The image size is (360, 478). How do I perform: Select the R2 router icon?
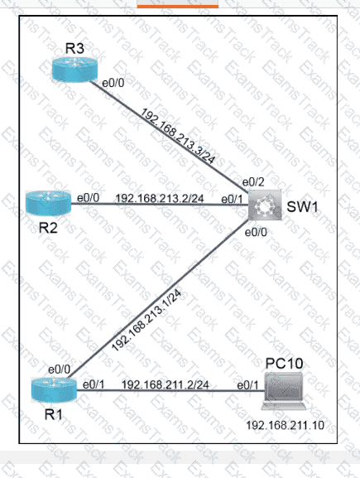tap(49, 203)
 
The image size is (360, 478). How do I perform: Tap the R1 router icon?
tap(55, 389)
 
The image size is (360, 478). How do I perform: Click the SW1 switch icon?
tap(265, 205)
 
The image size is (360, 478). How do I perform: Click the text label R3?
tap(74, 49)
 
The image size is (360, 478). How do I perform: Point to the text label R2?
tap(49, 228)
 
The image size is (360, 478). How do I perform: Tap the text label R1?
tap(54, 414)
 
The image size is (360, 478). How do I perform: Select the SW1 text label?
tap(302, 207)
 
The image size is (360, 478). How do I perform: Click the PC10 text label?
tap(284, 363)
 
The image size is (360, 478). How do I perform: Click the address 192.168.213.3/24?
tap(178, 136)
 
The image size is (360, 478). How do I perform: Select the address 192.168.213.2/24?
tap(159, 199)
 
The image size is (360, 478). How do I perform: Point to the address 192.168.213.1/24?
tap(146, 321)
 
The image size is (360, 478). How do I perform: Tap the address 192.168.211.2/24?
tap(165, 384)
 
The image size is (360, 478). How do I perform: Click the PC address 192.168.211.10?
tap(285, 425)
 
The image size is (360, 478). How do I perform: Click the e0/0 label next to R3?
tap(113, 83)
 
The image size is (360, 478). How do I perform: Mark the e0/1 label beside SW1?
tap(232, 199)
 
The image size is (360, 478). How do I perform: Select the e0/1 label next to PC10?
tap(247, 385)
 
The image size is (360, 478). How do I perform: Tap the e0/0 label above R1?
tap(59, 369)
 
